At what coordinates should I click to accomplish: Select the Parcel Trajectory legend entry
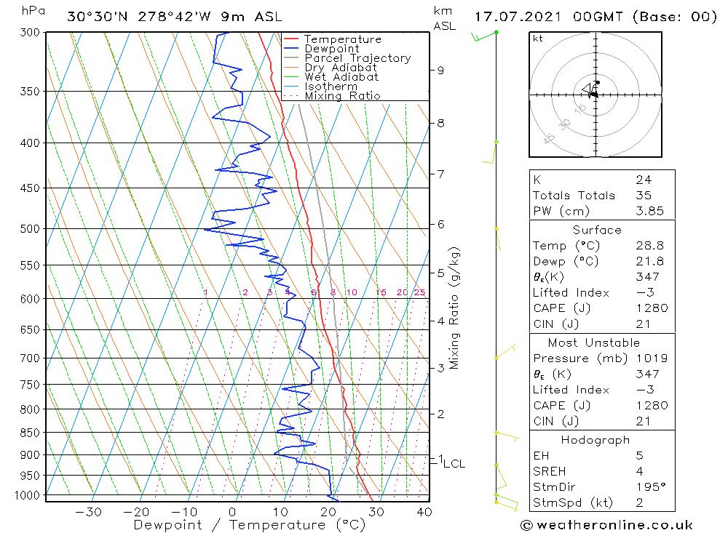point(357,58)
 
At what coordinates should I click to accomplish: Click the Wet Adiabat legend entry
point(341,77)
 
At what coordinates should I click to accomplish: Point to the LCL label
point(454,463)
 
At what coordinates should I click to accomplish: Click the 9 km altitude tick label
point(440,71)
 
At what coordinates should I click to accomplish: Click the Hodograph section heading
point(596,440)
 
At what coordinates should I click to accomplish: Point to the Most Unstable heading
point(594,342)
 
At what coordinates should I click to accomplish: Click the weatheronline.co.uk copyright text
point(606,525)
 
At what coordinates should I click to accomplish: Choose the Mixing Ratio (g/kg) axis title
point(454,308)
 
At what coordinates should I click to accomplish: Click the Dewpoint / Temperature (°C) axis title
point(249,525)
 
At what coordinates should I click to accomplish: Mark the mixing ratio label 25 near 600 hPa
point(419,292)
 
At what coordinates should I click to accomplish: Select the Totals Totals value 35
point(643,195)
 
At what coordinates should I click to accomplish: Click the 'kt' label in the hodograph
point(537,39)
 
